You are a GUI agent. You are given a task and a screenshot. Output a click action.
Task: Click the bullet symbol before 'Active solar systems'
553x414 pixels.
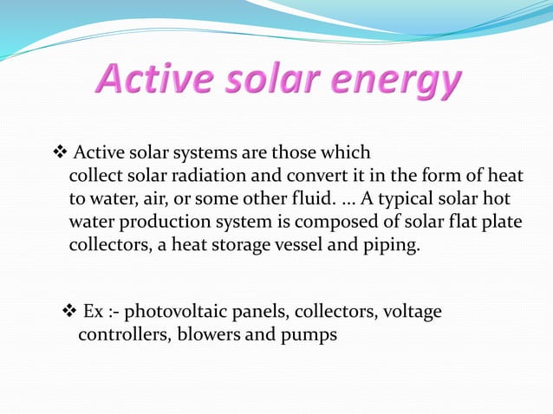point(61,153)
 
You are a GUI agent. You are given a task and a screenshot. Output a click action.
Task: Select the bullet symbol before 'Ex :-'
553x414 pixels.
point(72,311)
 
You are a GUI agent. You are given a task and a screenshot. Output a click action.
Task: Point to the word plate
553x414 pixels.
point(502,222)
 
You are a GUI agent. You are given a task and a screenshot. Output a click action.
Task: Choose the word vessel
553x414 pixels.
point(296,244)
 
